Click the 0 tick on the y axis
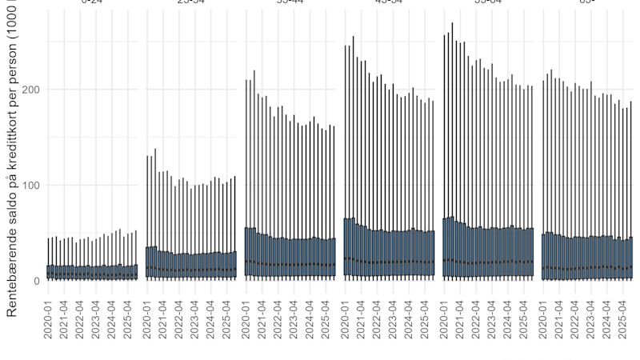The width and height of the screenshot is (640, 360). pyautogui.click(x=37, y=281)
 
